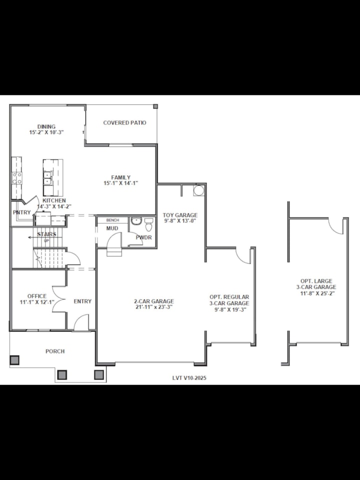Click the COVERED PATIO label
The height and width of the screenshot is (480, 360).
coord(124,123)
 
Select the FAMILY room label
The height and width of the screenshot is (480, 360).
coord(121,177)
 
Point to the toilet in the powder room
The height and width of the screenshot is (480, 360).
coord(148,223)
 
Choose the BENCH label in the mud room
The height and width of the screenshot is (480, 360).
coord(112,220)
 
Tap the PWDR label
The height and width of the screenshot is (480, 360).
coord(143,237)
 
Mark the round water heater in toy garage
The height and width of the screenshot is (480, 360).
coord(198,190)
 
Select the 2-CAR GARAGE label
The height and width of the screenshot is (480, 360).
coord(154,301)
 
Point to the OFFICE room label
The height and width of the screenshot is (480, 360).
coord(37,296)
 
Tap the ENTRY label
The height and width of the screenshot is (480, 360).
coord(82,301)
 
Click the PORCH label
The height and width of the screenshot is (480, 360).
coord(55,351)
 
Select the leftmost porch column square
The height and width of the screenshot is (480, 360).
coord(15,359)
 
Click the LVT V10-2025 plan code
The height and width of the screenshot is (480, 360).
coord(189,378)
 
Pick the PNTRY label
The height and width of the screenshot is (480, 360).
coord(22,212)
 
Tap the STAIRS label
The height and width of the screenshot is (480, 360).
coord(47,234)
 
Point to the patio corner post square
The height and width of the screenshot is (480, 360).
coord(155,106)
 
